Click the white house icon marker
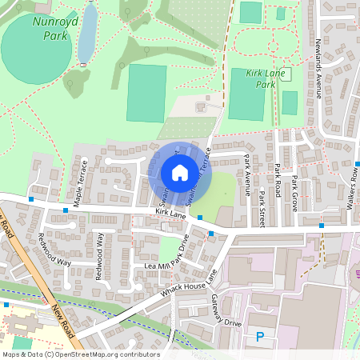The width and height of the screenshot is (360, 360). tap(179, 173)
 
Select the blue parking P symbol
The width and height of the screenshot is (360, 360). tap(259, 338)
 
